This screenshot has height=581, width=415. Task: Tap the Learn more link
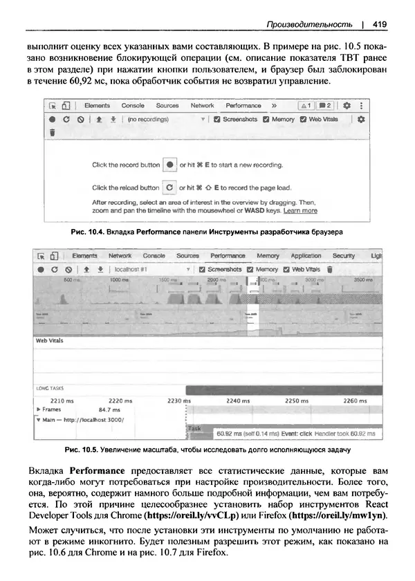click(300, 210)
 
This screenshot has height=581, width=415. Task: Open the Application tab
click(306, 255)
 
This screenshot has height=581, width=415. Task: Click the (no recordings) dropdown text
click(149, 119)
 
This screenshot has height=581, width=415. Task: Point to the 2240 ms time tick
click(238, 400)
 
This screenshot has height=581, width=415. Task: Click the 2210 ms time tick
click(62, 400)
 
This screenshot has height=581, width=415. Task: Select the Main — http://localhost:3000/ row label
click(82, 419)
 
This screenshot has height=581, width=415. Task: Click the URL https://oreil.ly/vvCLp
click(190, 515)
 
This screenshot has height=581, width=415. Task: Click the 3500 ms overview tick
click(363, 279)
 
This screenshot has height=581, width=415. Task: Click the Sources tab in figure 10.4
click(167, 105)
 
